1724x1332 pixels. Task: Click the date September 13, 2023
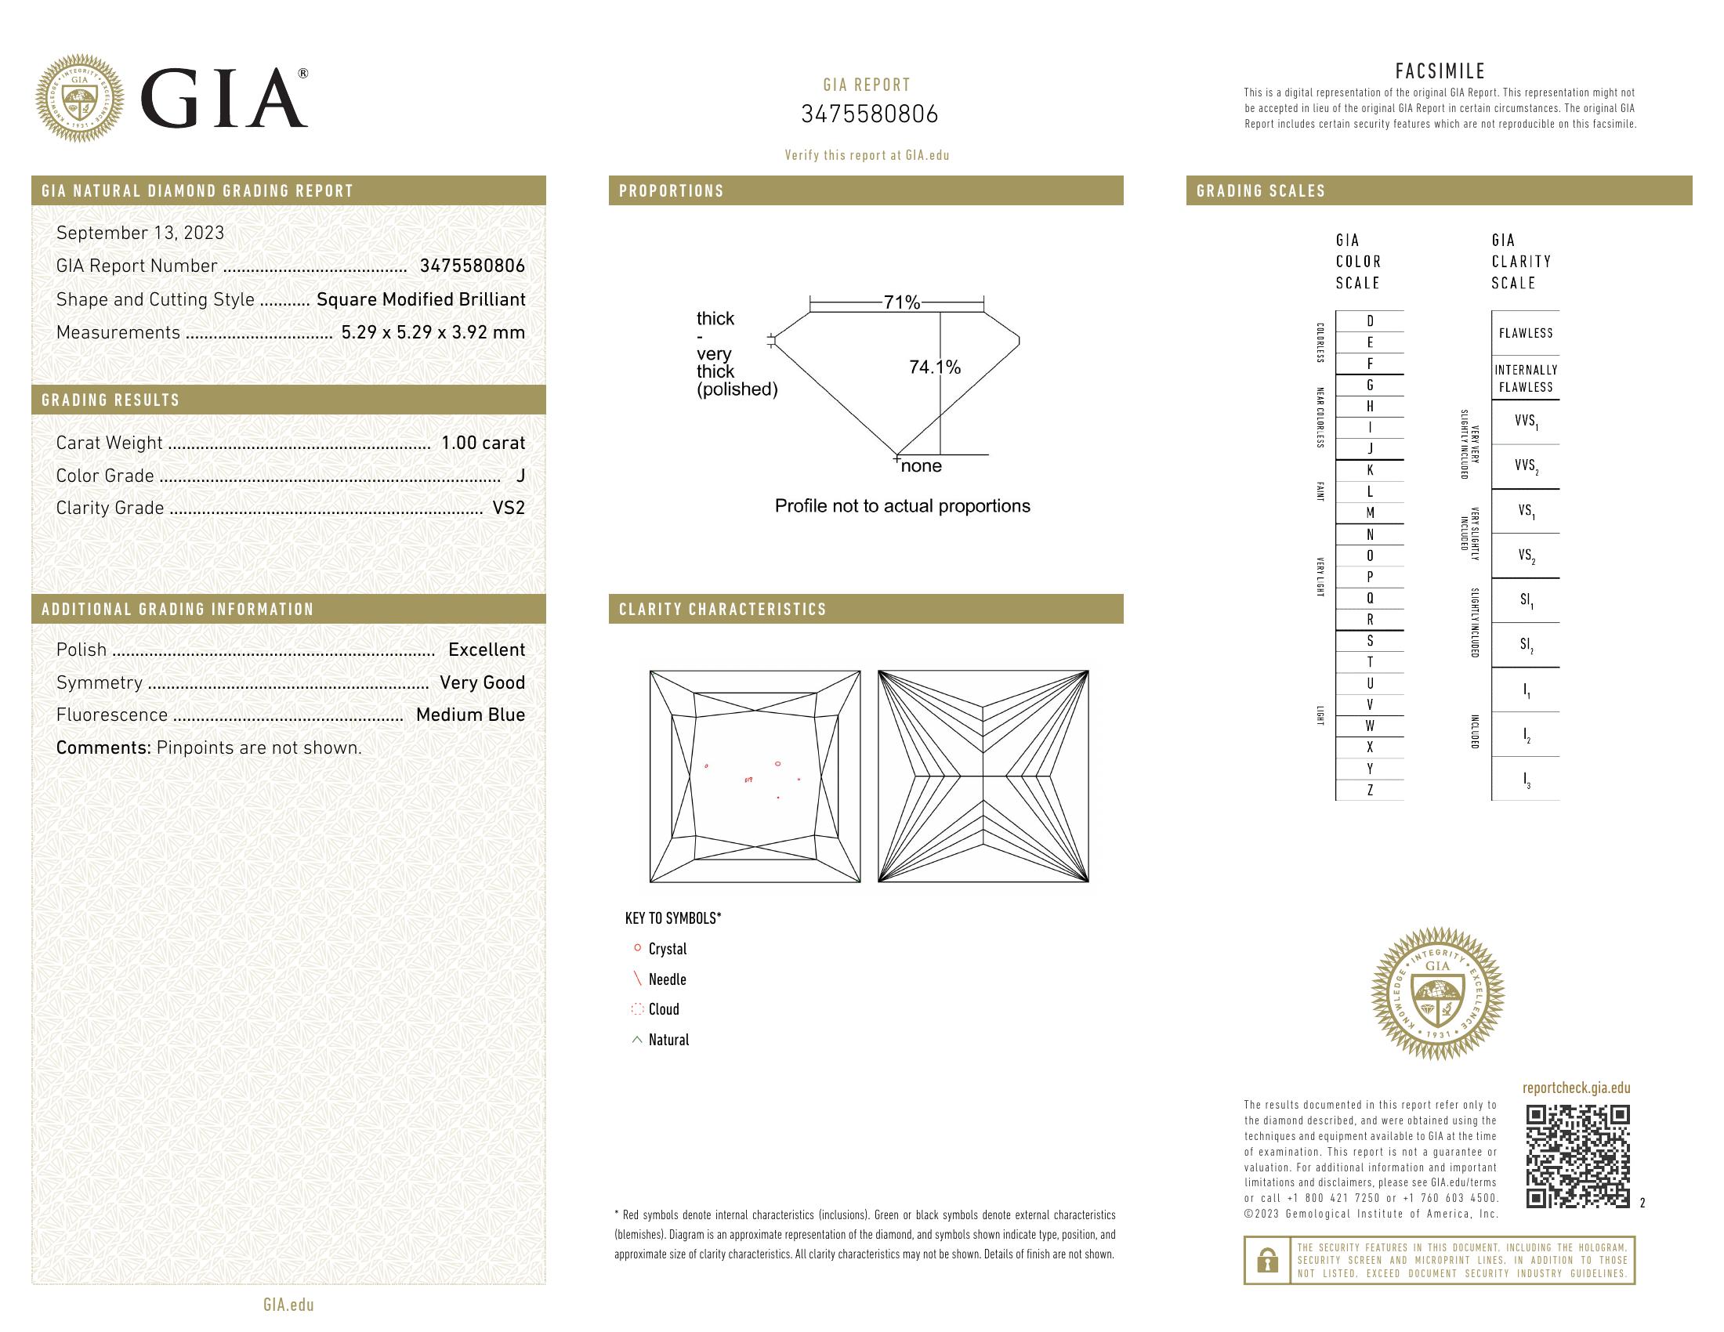coord(139,233)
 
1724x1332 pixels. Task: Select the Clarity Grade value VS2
coord(509,509)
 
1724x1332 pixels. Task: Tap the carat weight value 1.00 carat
coord(482,443)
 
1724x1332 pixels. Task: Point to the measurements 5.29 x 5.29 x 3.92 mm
coord(433,332)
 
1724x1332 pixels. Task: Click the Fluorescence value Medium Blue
coord(469,715)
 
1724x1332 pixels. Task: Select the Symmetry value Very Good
coord(482,682)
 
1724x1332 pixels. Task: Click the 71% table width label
coord(901,302)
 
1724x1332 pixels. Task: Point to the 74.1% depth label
coord(935,367)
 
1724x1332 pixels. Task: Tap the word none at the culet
coord(922,466)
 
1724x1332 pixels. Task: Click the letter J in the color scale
coord(1370,449)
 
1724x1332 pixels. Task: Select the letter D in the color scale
coord(1370,321)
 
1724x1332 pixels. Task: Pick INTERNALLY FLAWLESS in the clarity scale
coord(1525,378)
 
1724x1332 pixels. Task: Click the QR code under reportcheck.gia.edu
coord(1577,1156)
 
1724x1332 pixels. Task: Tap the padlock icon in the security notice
coord(1267,1260)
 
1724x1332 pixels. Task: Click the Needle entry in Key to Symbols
coord(667,979)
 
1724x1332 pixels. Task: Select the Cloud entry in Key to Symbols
coord(663,1009)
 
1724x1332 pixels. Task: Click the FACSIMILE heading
coord(1440,71)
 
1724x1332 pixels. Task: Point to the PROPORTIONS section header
coord(672,191)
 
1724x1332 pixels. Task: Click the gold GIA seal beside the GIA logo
coord(80,99)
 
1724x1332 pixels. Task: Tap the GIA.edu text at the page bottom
coord(288,1305)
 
